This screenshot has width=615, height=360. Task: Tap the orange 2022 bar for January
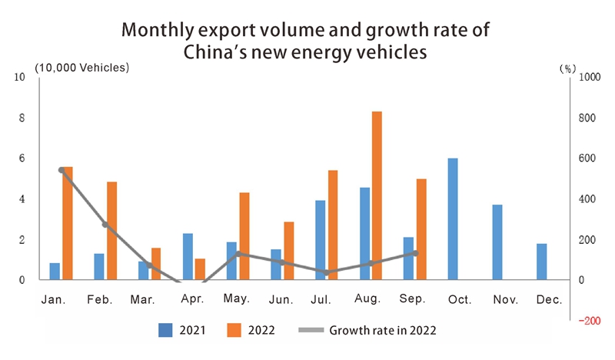(68, 223)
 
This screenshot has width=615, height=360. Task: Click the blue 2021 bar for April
(188, 256)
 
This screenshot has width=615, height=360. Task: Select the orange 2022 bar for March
(156, 264)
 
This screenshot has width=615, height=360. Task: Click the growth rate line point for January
(61, 170)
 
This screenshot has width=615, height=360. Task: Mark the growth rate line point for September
(416, 253)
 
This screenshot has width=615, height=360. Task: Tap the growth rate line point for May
(238, 254)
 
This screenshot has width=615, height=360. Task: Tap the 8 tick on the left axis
(22, 118)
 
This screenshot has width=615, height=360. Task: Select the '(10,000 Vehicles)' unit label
(81, 67)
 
